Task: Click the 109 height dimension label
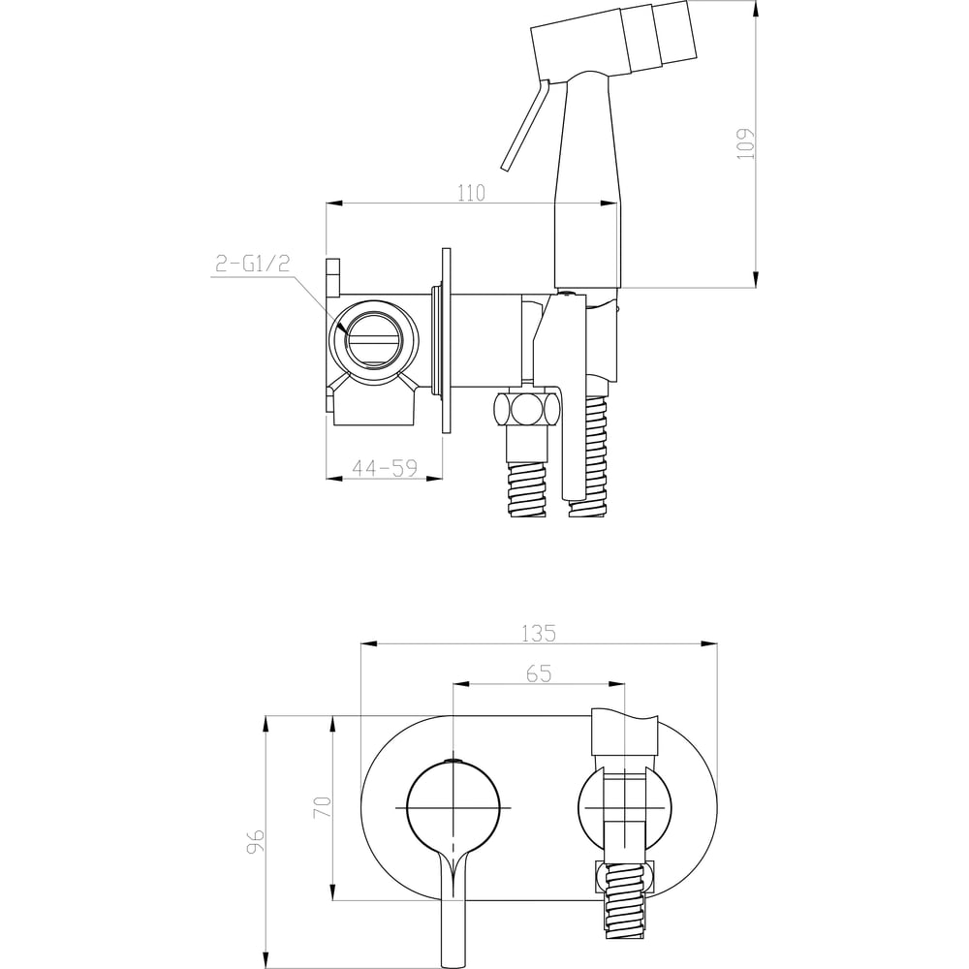click(x=746, y=143)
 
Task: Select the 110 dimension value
click(x=471, y=193)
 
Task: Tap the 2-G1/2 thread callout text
click(x=252, y=264)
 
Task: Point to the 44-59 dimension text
click(x=385, y=468)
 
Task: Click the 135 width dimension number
click(x=539, y=634)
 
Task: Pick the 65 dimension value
click(x=539, y=673)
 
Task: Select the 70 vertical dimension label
click(x=323, y=807)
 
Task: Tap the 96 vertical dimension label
click(x=255, y=841)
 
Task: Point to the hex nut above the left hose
click(x=526, y=407)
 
